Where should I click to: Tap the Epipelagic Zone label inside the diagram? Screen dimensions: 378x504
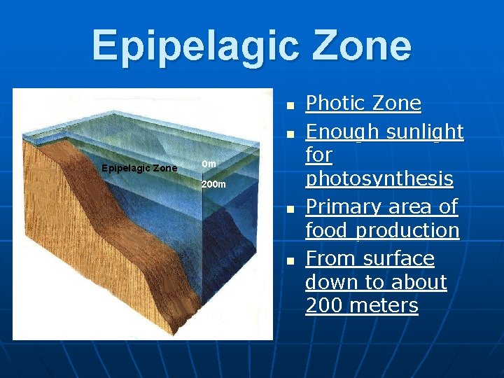click(x=139, y=168)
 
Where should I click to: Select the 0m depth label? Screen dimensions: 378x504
click(x=209, y=164)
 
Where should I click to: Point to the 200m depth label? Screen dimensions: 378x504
click(x=213, y=185)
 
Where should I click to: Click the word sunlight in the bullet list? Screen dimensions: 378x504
click(x=425, y=132)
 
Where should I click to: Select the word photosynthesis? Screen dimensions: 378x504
click(x=379, y=179)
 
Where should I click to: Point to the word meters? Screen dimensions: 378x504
click(x=384, y=306)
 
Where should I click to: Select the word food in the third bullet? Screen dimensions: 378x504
click(x=326, y=230)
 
